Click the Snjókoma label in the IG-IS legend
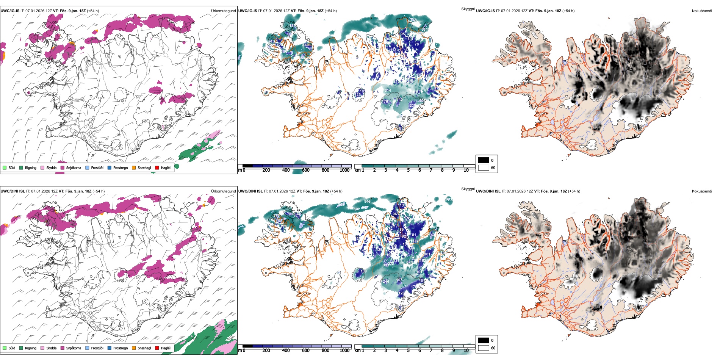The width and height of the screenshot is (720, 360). coord(74,167)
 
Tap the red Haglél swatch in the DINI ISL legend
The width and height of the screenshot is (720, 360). coord(157,348)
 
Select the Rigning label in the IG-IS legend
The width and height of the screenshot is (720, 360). coord(31,167)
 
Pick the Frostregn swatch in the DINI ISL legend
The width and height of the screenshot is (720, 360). coord(110,348)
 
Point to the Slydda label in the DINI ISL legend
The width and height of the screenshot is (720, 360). coord(51,348)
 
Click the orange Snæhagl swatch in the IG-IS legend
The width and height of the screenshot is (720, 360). coord(134,167)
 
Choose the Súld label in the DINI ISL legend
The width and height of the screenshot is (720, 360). coord(12,348)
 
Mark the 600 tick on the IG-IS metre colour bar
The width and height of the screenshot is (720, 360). coord(305,170)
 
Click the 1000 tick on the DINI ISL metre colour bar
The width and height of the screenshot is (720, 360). coord(344,351)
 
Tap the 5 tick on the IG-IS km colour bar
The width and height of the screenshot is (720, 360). coord(408,170)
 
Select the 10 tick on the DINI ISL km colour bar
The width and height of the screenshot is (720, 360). coord(466,351)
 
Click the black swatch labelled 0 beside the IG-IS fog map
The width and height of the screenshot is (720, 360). coord(484,160)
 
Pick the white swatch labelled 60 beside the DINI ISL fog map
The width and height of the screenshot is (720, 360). coord(484,348)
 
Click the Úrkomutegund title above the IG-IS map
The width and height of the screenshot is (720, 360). coord(223,11)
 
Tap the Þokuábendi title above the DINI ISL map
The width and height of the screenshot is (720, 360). coord(702,191)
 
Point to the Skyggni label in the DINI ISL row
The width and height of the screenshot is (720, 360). coord(468,189)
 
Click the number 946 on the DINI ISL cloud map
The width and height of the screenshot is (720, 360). coord(367,201)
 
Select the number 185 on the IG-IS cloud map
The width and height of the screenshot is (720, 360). coord(292,26)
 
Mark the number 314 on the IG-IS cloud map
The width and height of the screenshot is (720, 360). coord(387,91)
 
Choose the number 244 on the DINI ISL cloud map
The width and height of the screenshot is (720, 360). coord(386,281)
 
